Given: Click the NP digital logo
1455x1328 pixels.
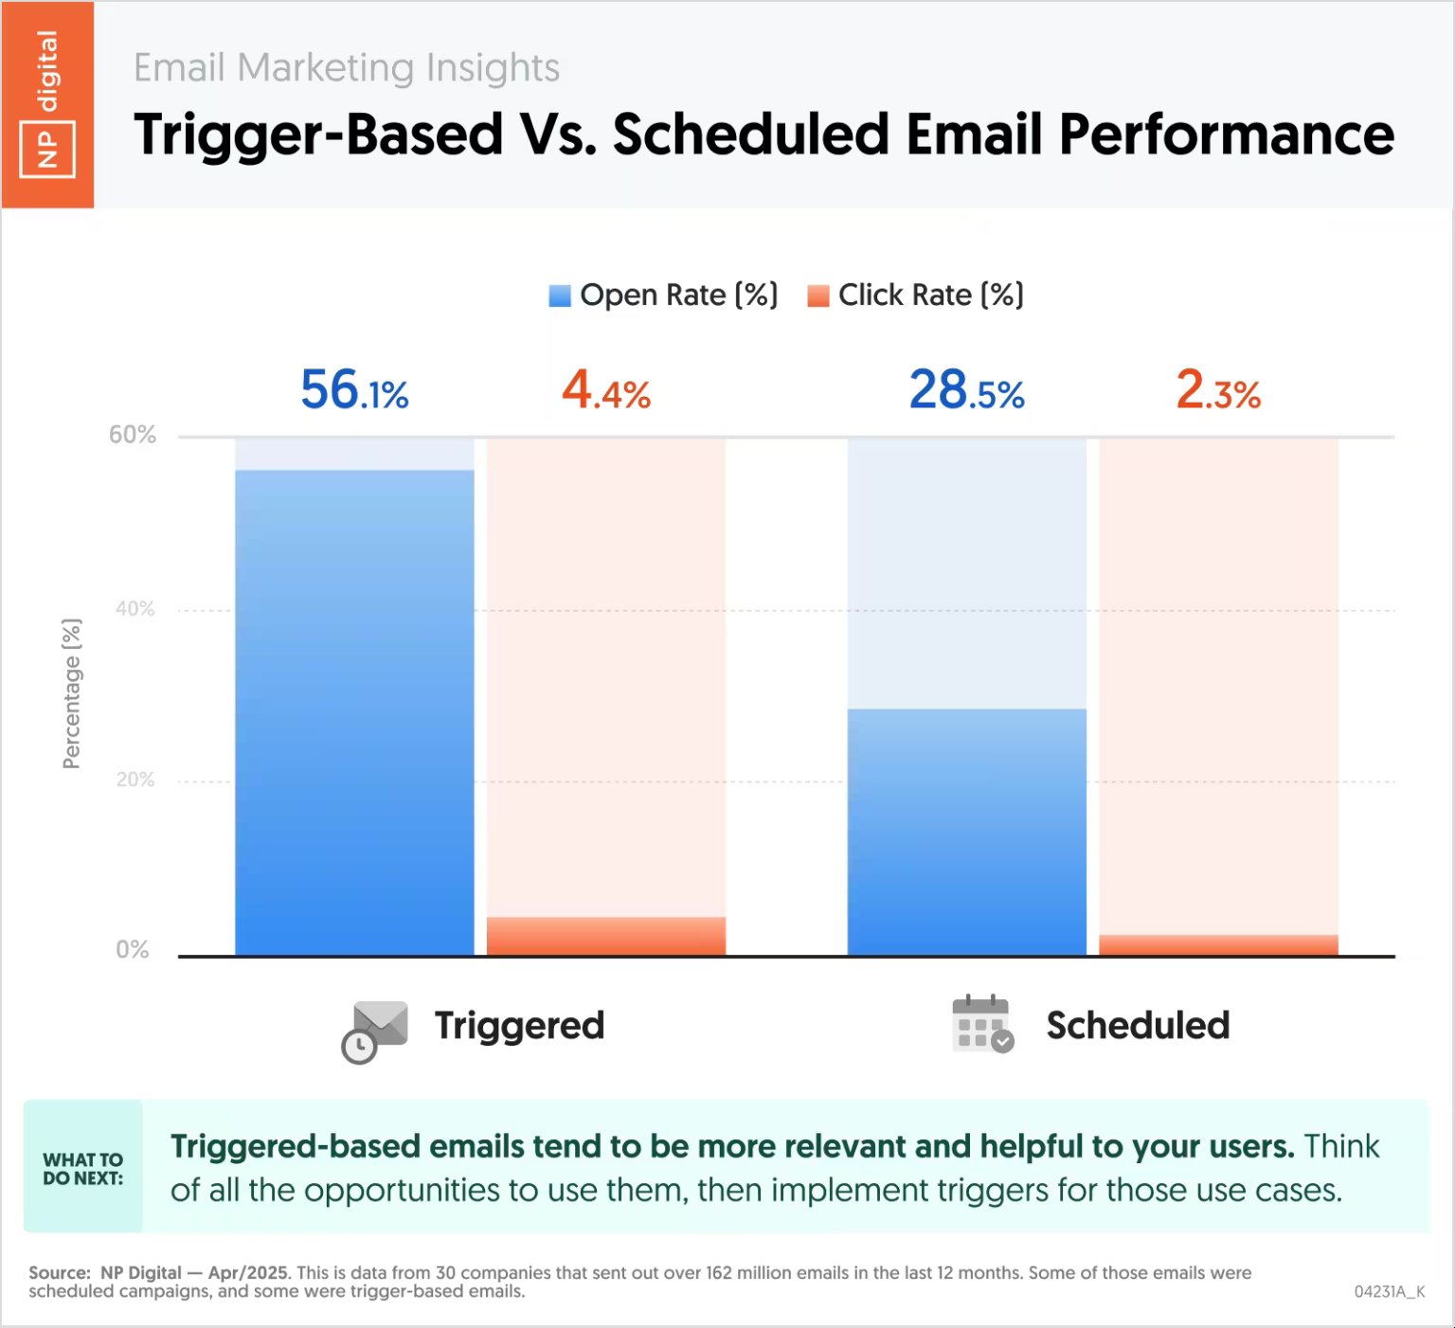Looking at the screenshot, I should click(47, 104).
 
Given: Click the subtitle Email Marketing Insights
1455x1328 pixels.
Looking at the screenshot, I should click(346, 68).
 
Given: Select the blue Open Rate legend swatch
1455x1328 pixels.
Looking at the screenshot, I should click(560, 296).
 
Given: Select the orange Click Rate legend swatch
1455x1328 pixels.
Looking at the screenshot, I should click(817, 296).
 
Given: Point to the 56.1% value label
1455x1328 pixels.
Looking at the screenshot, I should click(354, 390).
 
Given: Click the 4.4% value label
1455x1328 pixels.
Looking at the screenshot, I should click(606, 390).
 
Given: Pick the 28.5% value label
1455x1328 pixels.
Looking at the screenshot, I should click(966, 390).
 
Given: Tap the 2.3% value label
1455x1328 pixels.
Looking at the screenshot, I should click(1218, 390).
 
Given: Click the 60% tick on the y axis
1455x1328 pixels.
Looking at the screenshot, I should click(133, 435).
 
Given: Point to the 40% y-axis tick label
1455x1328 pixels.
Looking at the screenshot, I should click(135, 608).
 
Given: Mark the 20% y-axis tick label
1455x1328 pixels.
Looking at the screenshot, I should click(135, 780).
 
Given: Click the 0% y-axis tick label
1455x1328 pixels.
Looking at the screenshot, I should click(133, 950).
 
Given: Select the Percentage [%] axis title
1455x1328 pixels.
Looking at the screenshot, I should click(72, 693).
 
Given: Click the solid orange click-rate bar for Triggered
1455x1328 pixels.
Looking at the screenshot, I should click(606, 936).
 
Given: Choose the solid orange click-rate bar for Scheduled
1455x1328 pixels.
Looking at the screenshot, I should click(1218, 945).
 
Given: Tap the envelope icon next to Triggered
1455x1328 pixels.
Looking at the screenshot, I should click(375, 1031).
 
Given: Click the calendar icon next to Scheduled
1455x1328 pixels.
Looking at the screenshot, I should click(982, 1025).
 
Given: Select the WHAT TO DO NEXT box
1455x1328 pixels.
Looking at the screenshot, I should click(83, 1168).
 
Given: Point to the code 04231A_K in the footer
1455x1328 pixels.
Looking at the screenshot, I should click(1389, 1292).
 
